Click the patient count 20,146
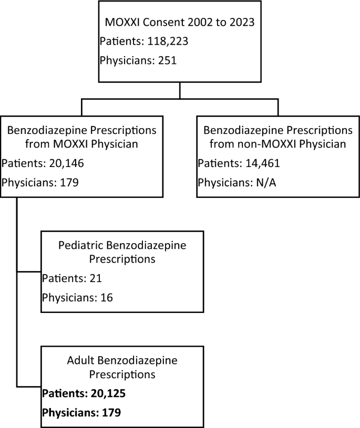pos(67,164)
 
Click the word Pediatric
pos(80,245)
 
